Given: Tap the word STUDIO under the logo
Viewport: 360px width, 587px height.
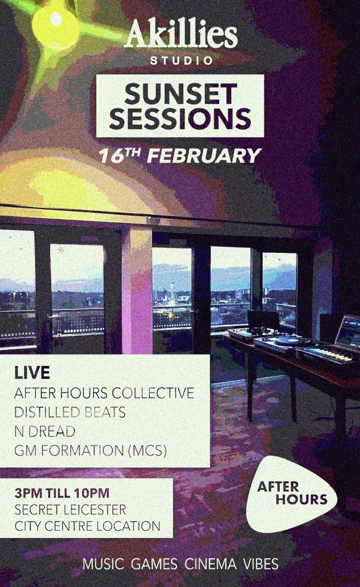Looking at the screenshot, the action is coord(181,61).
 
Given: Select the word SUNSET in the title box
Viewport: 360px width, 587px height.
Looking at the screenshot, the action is coord(179,94).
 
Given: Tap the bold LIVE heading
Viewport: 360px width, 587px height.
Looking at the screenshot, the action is coord(32,373).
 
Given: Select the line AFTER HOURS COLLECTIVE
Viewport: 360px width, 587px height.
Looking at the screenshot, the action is coord(104,393).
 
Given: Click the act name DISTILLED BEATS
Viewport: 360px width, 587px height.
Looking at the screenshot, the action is coord(70,412).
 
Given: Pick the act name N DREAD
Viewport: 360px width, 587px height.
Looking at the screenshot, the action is coord(45,432).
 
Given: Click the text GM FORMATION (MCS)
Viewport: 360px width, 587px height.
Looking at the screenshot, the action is coord(91,451).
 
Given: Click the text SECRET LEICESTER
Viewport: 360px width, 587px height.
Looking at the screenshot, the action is coord(70,509).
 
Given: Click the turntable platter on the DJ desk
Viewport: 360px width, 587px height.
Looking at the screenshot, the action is coord(292,341).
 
